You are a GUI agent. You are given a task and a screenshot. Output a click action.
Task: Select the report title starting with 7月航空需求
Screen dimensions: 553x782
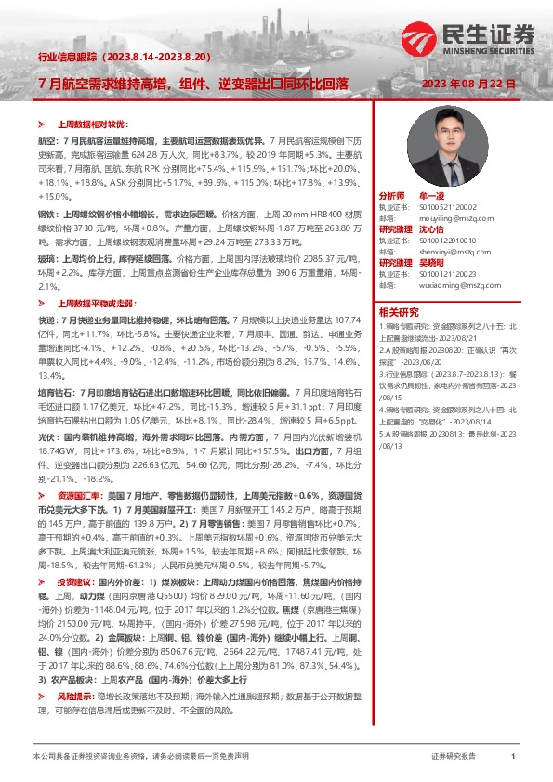(x=193, y=83)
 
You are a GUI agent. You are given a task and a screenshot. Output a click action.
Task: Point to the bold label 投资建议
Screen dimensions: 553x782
(x=74, y=581)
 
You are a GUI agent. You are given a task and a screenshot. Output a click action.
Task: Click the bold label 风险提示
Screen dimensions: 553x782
(x=74, y=695)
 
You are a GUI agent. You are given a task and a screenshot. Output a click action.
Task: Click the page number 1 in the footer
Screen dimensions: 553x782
(x=513, y=757)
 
